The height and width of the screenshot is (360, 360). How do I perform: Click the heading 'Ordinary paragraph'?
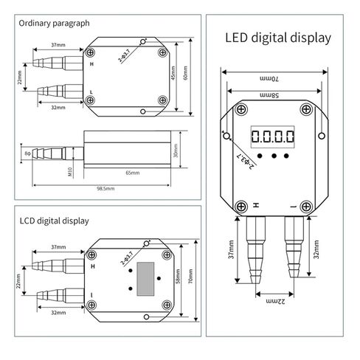pyautogui.click(x=54, y=24)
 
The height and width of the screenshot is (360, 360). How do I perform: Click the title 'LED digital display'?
pyautogui.click(x=278, y=38)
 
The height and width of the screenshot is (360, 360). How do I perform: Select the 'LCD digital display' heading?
pyautogui.click(x=54, y=221)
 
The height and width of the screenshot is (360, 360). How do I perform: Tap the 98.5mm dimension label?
pyautogui.click(x=105, y=189)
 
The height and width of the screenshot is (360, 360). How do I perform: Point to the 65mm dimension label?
pyautogui.click(x=133, y=173)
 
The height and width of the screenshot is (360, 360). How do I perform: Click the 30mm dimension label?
pyautogui.click(x=176, y=150)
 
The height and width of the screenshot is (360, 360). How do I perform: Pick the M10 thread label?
pyautogui.click(x=70, y=172)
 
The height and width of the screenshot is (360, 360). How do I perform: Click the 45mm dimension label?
pyautogui.click(x=173, y=73)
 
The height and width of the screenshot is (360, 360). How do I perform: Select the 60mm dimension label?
pyautogui.click(x=185, y=73)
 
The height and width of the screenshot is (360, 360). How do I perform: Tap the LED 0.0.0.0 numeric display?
pyautogui.click(x=272, y=136)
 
